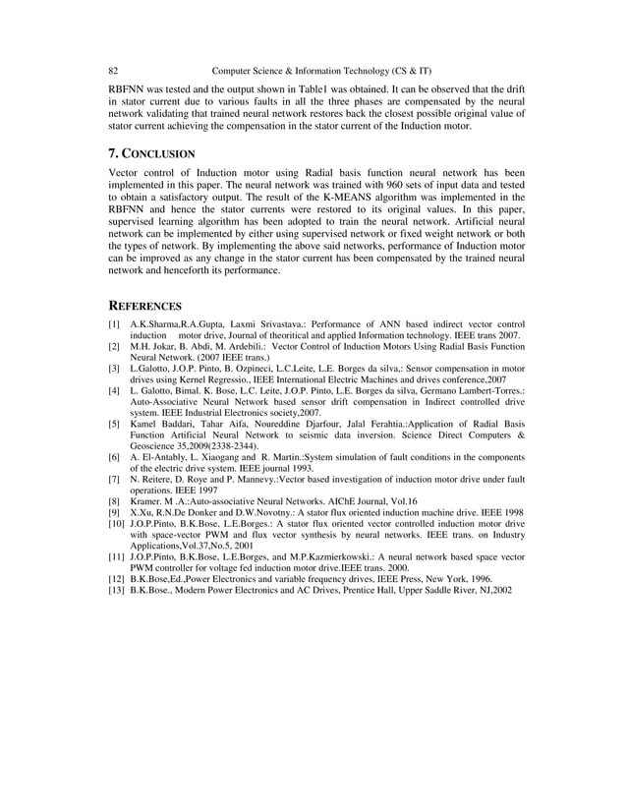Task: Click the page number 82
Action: click(113, 71)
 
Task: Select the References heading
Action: click(143, 305)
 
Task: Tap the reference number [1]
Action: click(114, 324)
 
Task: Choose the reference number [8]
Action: click(114, 501)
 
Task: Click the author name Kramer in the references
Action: click(146, 501)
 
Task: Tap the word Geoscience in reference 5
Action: click(157, 445)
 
